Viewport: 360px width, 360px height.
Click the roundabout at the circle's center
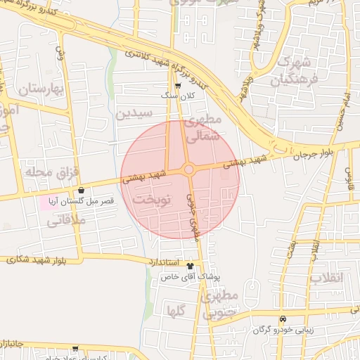[x=188, y=169]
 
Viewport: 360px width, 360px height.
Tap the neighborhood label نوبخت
[x=152, y=201]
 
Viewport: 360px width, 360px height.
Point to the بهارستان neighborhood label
[x=41, y=89]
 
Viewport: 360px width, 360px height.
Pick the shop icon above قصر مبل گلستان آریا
[x=82, y=190]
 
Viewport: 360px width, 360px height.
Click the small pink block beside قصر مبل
[x=49, y=202]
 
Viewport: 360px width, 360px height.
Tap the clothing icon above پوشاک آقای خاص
[x=190, y=266]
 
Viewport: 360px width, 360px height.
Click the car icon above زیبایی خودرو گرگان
[x=283, y=318]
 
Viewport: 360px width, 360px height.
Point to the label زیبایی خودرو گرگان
[x=283, y=329]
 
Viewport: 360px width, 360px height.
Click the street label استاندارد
[x=163, y=261]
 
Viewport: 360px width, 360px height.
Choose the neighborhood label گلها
[x=176, y=309]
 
